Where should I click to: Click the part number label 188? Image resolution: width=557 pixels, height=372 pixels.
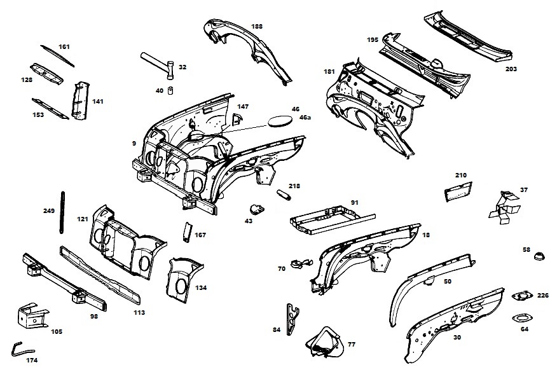(x=256, y=26)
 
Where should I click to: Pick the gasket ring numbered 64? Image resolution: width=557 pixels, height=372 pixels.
(x=521, y=318)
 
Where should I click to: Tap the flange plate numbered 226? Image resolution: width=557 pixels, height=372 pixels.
(x=522, y=296)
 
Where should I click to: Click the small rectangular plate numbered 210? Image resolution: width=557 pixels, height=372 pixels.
(x=457, y=190)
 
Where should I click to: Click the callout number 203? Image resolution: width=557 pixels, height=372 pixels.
(x=511, y=69)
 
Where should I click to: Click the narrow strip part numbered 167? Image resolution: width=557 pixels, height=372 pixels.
(x=188, y=232)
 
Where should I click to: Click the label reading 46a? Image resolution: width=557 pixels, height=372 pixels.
(x=305, y=118)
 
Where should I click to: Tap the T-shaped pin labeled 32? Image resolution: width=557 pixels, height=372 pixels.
(x=160, y=64)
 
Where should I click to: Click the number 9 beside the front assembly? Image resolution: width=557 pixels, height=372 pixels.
(x=134, y=144)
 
